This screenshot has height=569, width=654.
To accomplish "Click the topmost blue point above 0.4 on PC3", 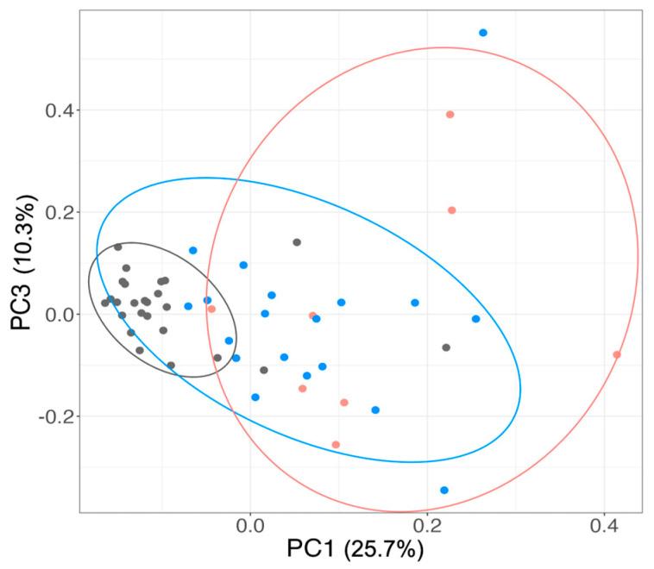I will point(483,33).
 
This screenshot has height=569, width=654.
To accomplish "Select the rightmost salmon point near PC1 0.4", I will point(617,354).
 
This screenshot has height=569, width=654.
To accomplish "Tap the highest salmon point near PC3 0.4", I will point(450,114).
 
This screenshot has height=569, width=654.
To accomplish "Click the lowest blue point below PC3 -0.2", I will point(444,490).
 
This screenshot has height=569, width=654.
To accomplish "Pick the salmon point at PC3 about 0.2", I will point(451,210).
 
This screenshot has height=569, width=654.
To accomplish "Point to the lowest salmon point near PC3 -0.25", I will point(336,445).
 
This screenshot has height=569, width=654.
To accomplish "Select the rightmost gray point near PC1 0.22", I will point(446,347).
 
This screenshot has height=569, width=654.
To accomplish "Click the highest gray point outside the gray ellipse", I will point(297,242).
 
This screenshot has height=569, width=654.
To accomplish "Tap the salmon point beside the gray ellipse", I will point(211,309).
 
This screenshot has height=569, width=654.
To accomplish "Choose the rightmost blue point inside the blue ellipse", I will point(475,319).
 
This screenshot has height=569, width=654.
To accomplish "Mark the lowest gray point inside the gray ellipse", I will point(171,366).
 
